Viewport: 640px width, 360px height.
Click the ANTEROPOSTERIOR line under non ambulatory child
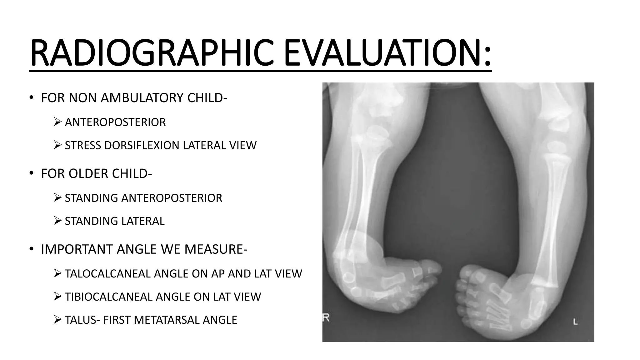coord(115,122)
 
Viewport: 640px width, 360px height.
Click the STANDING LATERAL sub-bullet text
coord(114,221)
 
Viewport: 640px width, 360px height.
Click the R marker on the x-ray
coord(326,318)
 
